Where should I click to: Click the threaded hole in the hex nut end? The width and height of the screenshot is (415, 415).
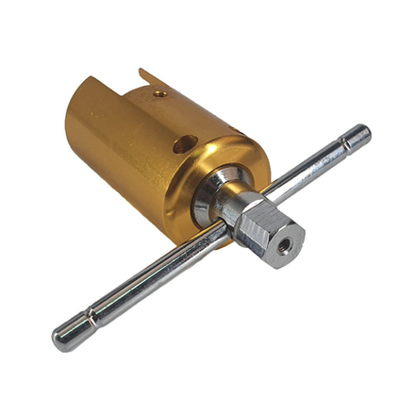pyautogui.click(x=284, y=252)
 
